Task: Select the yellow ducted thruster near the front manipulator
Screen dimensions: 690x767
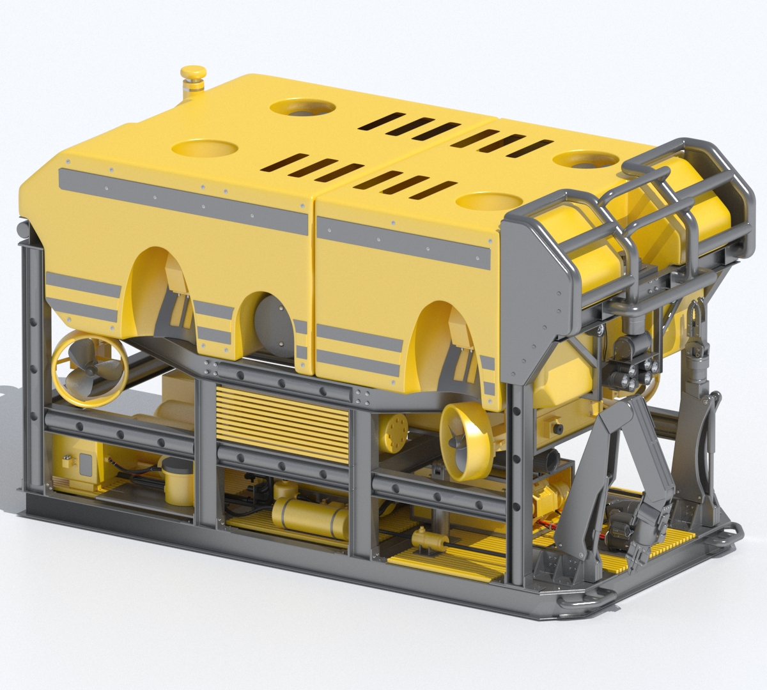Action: (465, 440)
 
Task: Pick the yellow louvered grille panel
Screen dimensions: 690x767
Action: (283, 415)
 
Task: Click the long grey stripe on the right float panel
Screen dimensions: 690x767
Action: (403, 241)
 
